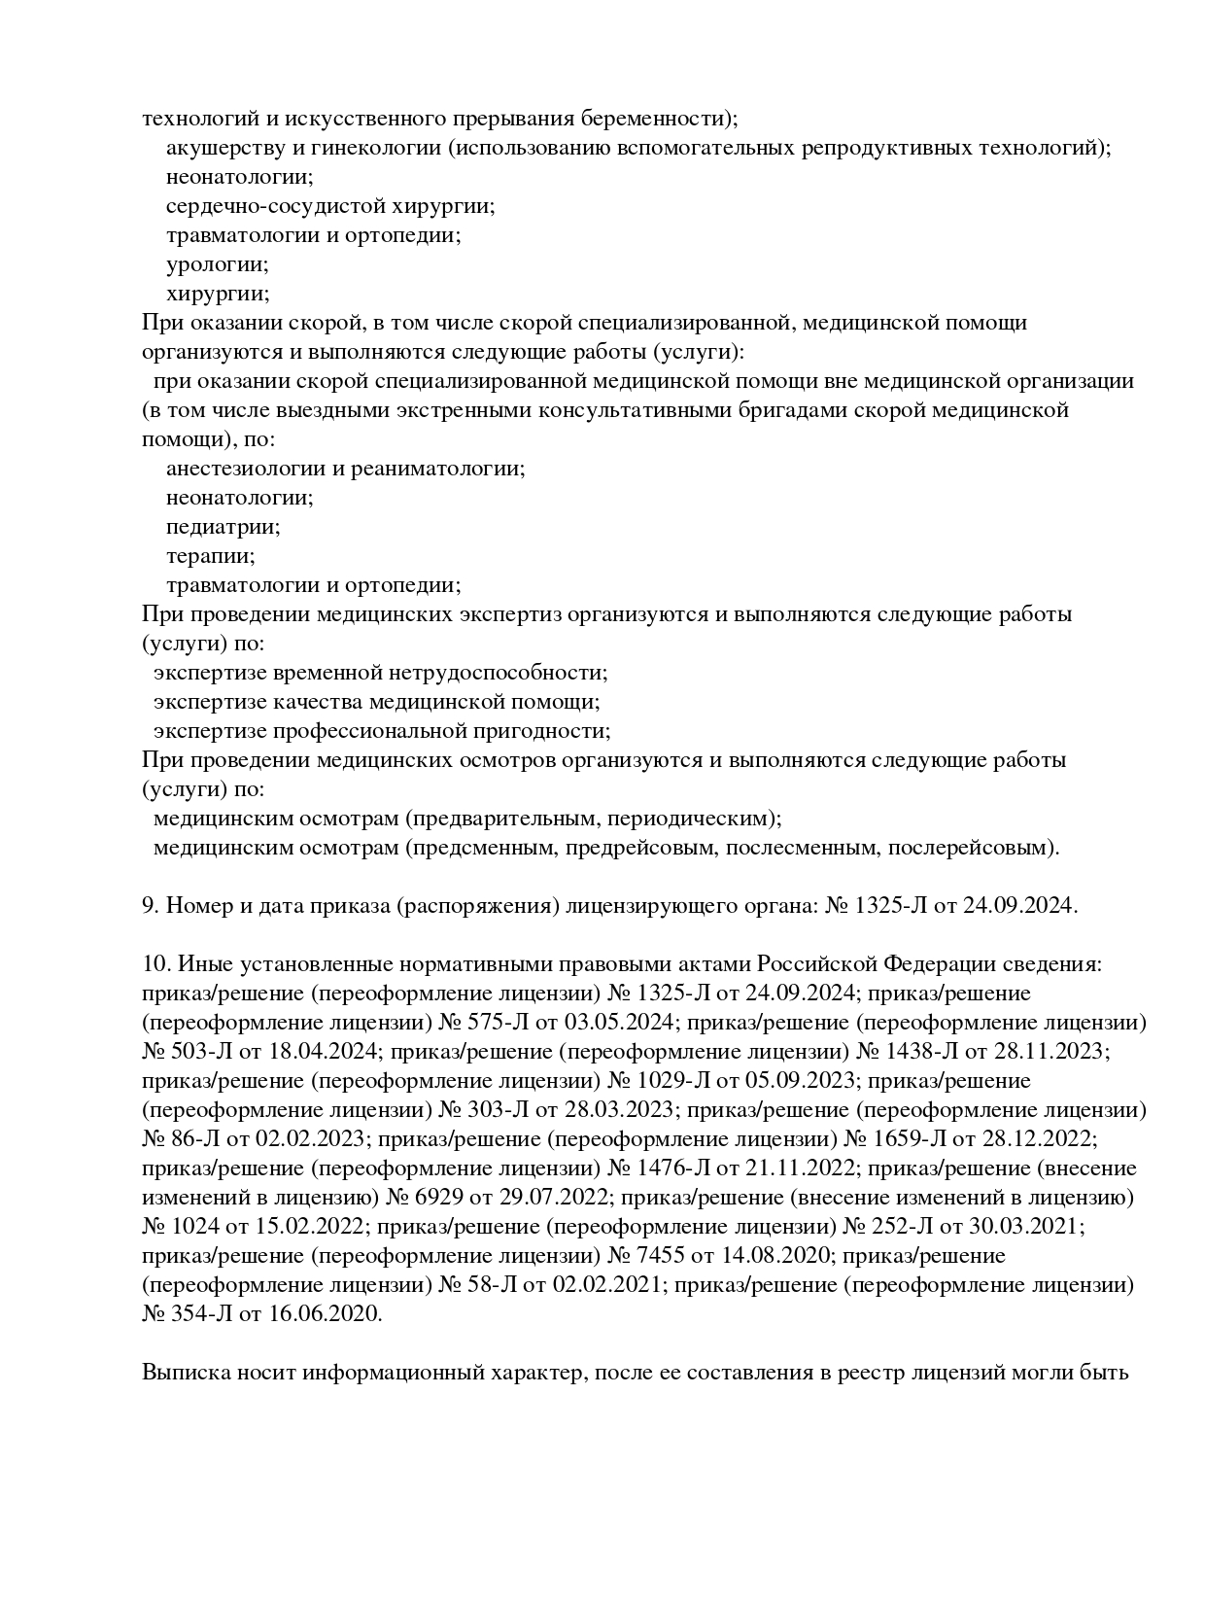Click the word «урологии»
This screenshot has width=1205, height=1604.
[x=217, y=264]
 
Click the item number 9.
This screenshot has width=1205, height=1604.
[x=151, y=906]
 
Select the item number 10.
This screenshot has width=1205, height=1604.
[x=155, y=964]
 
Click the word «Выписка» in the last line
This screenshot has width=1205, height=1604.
[x=184, y=1374]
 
